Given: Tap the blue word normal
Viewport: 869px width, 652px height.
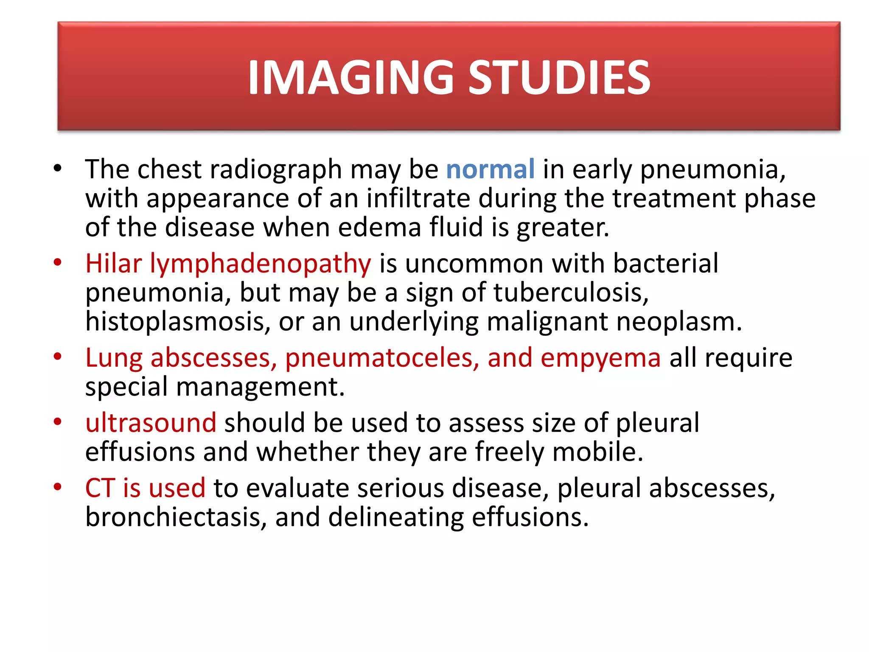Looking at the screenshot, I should [x=490, y=169].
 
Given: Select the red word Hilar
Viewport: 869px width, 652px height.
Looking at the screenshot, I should [x=113, y=264].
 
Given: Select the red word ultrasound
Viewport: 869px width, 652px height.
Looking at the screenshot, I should [x=151, y=423].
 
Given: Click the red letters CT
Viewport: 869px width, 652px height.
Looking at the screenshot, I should [x=100, y=488].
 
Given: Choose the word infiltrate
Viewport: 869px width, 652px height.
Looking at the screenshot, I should [x=418, y=198].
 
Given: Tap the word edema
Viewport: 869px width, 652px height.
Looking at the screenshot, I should [x=380, y=227].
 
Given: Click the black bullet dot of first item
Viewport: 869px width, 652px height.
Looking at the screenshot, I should [x=58, y=169].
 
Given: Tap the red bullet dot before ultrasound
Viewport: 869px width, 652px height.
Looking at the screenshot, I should [x=58, y=422].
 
